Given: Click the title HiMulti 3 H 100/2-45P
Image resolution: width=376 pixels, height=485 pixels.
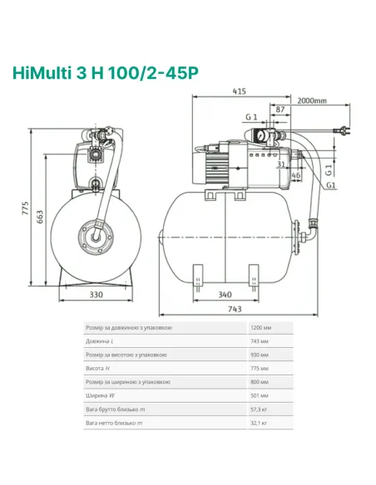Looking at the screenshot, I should pos(105,73).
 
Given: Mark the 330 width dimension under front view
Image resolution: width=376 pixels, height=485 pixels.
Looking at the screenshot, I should pos(96,294).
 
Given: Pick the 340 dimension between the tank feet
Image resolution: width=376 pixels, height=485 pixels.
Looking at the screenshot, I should pos(224,294).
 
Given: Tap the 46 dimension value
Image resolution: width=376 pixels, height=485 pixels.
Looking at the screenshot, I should pos(294,177).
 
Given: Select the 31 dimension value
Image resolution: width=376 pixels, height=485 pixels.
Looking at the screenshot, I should pos(282,164).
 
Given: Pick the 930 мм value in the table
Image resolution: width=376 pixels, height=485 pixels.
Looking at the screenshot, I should pos(259,355).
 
